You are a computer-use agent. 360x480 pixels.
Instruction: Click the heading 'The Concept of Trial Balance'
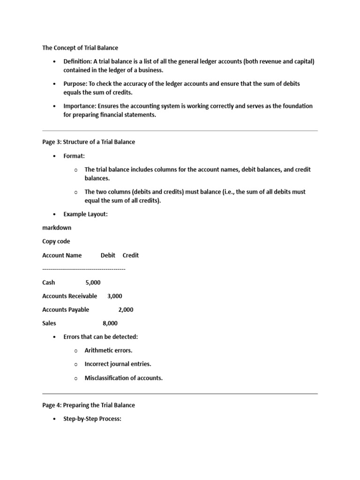tap(80, 48)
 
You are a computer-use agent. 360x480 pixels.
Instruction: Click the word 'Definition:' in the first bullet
tap(77, 61)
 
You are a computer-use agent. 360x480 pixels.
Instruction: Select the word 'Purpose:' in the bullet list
tap(75, 83)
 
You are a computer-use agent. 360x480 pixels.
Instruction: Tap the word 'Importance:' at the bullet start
tap(80, 106)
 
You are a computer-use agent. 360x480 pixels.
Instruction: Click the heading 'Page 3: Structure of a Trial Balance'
tap(89, 142)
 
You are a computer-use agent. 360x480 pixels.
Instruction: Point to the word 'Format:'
tap(74, 156)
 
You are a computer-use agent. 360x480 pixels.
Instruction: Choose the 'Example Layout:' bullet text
tap(85, 214)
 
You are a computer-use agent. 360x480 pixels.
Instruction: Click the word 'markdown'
tap(57, 228)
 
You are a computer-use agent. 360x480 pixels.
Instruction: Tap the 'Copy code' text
tap(56, 241)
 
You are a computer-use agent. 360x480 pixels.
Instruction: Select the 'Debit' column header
tap(108, 255)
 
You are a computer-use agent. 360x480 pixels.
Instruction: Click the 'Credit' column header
tap(131, 255)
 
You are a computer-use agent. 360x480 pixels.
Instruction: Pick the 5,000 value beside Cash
tap(93, 283)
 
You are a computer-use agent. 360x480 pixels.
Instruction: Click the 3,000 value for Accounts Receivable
tap(115, 296)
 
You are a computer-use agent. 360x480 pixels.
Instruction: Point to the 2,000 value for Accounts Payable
tap(126, 310)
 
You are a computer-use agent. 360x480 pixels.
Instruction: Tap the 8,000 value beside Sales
tap(110, 323)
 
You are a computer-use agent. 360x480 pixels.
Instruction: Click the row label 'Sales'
tap(49, 323)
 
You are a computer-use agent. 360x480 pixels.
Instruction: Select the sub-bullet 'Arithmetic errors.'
tap(108, 351)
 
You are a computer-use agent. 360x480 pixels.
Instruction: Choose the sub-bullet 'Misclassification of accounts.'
tap(124, 378)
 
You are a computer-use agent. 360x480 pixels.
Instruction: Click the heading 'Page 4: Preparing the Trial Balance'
tap(89, 405)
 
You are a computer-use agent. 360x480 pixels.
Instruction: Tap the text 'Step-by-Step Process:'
tap(92, 419)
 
